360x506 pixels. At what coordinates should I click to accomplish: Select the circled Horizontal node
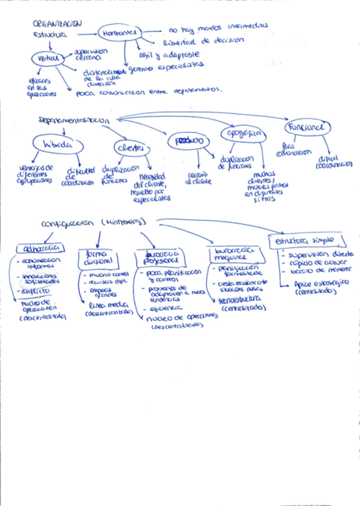pyautogui.click(x=118, y=33)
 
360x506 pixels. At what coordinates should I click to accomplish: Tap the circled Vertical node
pyautogui.click(x=48, y=58)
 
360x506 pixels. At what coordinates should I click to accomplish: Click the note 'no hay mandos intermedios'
pyautogui.click(x=218, y=27)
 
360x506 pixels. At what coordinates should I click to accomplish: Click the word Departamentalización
pyautogui.click(x=73, y=120)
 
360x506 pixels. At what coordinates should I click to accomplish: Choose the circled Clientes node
pyautogui.click(x=130, y=147)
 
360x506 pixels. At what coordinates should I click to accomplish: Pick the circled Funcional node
pyautogui.click(x=307, y=128)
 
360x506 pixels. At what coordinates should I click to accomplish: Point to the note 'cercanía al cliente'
pyautogui.click(x=198, y=177)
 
